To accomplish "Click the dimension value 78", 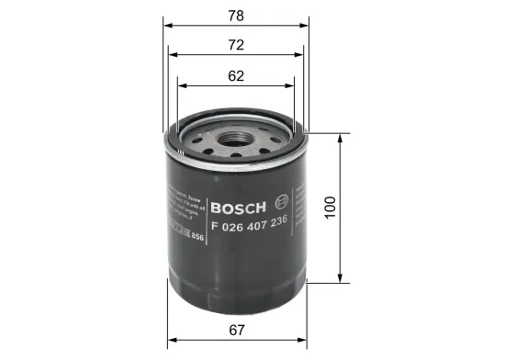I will [x=236, y=15].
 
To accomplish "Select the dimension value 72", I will [x=236, y=45].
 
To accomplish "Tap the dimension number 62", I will [x=236, y=76].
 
